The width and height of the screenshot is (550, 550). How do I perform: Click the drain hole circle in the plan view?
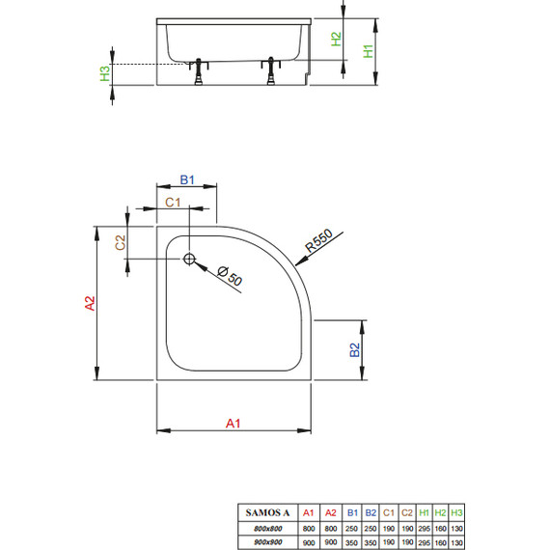point(189,259)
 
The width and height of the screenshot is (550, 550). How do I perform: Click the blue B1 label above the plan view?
point(188,180)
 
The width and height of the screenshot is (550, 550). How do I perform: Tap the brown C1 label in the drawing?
point(170,202)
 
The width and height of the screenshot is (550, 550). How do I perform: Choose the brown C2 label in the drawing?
point(122,243)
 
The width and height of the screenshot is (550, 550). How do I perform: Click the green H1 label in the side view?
point(368,51)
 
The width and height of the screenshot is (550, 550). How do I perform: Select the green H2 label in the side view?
point(336,40)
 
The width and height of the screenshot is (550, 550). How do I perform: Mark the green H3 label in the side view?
point(104,72)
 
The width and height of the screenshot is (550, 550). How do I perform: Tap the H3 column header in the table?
point(457,511)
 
